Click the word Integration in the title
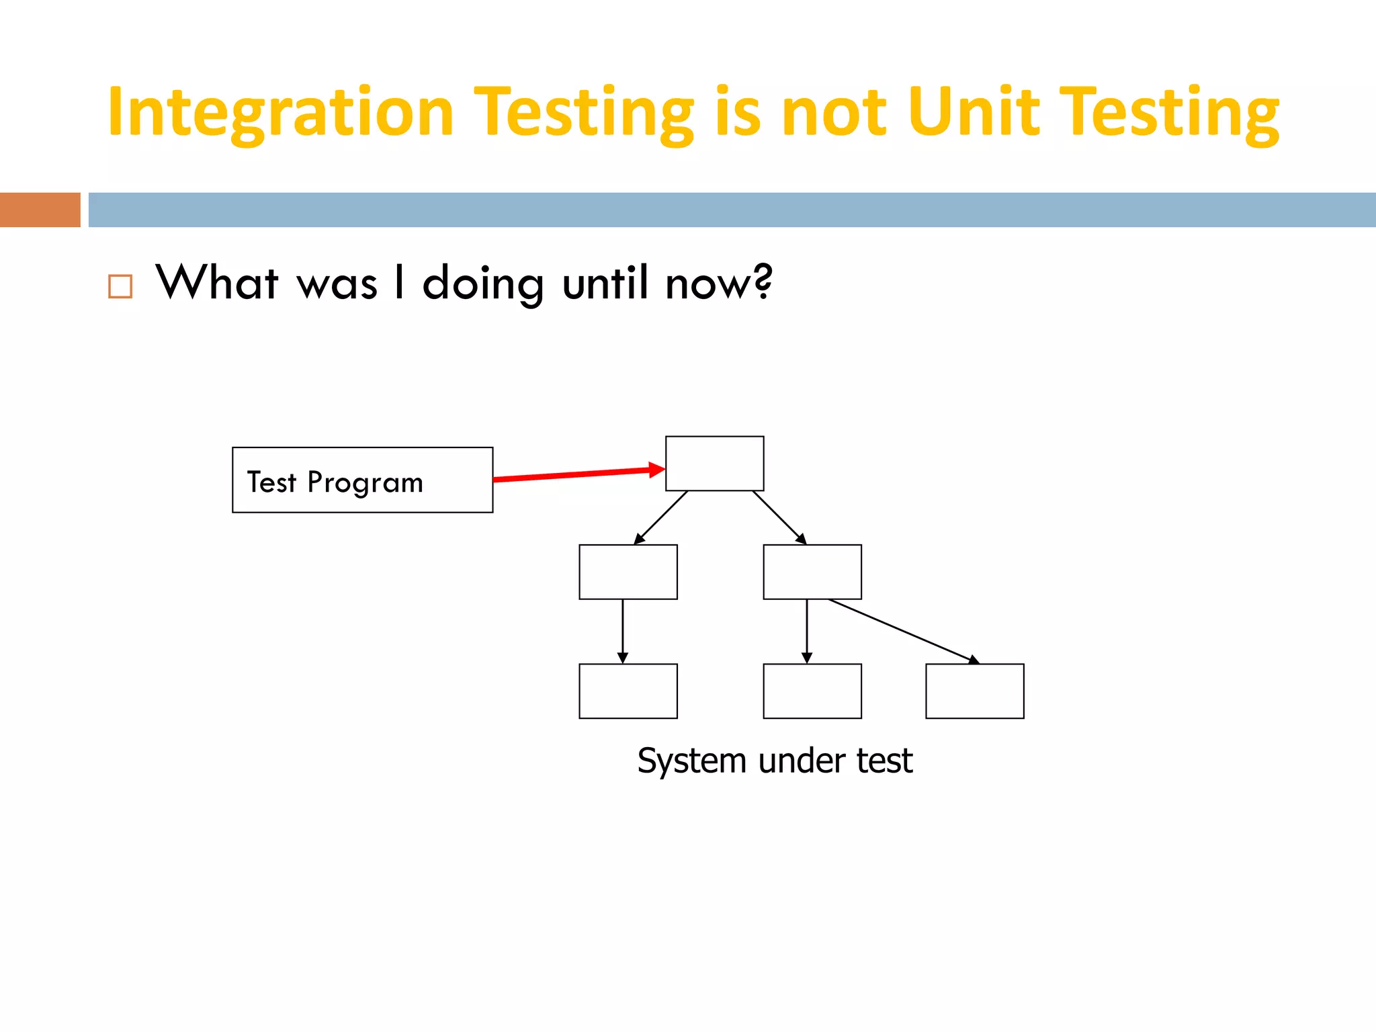pos(281,113)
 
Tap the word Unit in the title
pos(974,112)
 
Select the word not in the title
pos(834,113)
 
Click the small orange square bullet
pos(120,286)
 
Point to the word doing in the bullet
pos(483,284)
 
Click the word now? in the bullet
pos(718,284)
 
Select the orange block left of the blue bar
pos(40,210)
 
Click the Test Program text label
pos(335,482)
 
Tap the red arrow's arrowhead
pos(657,470)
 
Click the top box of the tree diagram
pos(714,464)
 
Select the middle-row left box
pos(628,572)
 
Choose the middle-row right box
pos(812,572)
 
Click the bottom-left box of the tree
pos(628,691)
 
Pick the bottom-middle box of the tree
pos(812,691)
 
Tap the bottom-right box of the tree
pos(974,691)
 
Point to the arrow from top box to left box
pos(661,517)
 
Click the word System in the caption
pos(691,761)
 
